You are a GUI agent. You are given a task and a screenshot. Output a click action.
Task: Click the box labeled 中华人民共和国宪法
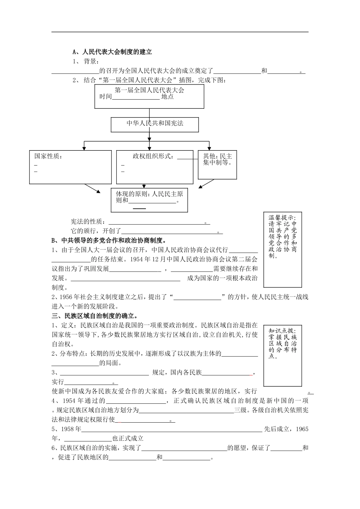155,123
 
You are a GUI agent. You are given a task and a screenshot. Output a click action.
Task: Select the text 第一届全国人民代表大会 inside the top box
149,90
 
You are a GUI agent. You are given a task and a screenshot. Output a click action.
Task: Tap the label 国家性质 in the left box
48,156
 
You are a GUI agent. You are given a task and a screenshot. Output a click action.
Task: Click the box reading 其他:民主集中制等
218,160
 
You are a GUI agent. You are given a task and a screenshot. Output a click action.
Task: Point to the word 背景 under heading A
91,61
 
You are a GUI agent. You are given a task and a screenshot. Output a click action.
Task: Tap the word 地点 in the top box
167,97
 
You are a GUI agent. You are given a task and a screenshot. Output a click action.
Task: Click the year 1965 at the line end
302,429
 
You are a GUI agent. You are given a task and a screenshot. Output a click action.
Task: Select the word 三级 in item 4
240,410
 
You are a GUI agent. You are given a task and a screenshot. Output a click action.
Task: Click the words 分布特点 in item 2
74,353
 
